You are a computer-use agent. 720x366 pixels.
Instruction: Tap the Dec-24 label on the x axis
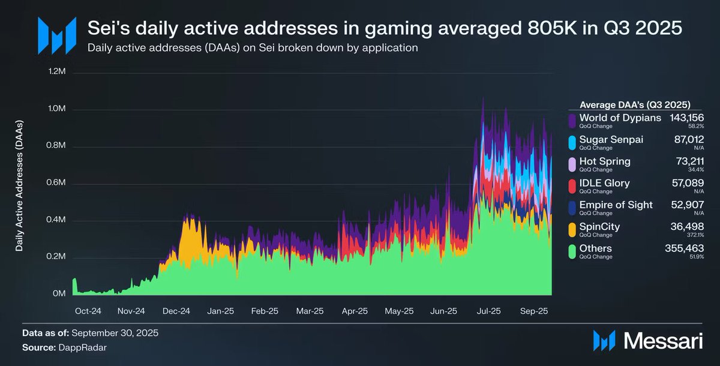click(x=176, y=311)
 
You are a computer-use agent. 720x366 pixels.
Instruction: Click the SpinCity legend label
click(x=600, y=226)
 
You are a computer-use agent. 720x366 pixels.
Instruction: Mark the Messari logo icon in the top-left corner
click(x=57, y=34)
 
